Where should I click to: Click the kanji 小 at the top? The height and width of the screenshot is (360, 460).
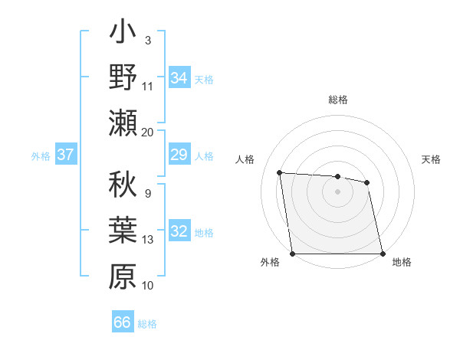123,34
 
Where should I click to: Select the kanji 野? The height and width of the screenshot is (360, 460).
123,78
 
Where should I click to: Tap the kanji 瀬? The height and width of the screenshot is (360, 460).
123,123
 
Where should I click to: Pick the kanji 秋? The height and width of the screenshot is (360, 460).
123,187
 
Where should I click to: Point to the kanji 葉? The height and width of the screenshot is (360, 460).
123,231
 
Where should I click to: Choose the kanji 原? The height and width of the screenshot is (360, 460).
123,276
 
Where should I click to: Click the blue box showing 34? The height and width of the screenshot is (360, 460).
179,78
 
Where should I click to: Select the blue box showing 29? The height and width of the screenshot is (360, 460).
179,155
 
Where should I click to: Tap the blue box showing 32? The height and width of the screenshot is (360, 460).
179,232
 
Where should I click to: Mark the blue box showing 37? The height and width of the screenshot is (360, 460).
66,155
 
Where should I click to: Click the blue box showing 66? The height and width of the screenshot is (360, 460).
123,322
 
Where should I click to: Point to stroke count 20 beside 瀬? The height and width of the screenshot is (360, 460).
148,132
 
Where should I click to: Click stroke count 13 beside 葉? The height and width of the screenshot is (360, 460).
148,240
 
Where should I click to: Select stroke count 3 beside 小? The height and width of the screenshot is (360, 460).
147,41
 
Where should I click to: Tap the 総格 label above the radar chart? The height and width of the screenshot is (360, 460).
338,100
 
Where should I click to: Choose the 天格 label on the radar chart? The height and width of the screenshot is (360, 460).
431,160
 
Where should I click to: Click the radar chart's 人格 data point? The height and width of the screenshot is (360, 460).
280,172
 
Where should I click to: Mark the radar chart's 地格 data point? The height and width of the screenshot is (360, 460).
382,254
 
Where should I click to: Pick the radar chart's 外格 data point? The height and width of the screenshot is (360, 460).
293,254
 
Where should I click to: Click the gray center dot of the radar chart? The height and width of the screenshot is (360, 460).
337,191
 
